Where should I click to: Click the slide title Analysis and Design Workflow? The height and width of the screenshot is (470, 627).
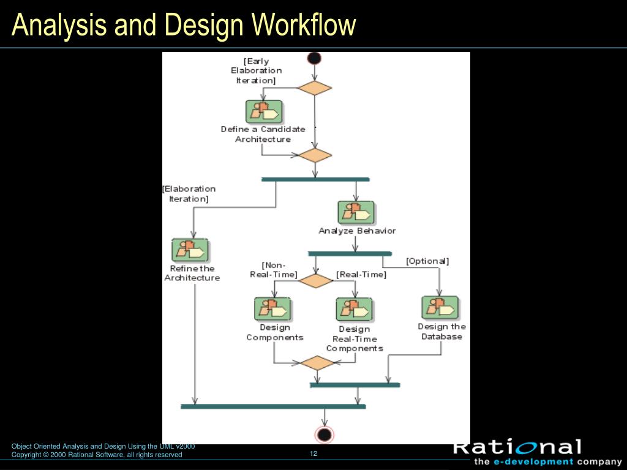(184, 25)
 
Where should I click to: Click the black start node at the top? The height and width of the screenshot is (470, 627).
(314, 59)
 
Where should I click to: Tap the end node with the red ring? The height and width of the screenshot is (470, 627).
(325, 435)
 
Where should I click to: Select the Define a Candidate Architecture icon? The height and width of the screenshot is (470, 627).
(264, 112)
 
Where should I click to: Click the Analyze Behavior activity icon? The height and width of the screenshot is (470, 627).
(356, 212)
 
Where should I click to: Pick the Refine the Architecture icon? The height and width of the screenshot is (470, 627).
(190, 250)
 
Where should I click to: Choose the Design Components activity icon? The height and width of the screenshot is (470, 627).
(272, 309)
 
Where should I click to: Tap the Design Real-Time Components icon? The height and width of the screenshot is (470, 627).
(354, 310)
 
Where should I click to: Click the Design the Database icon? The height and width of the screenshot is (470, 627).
(440, 308)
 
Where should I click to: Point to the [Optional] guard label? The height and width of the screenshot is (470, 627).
(427, 261)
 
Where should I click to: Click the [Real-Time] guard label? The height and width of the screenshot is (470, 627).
(361, 275)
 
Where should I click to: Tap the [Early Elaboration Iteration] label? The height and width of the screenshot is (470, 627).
(257, 70)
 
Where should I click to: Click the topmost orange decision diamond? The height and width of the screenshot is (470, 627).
(314, 88)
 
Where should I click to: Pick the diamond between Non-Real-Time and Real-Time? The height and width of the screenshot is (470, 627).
(315, 281)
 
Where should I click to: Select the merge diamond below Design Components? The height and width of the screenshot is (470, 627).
(317, 363)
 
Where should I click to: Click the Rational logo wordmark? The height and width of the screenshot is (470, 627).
(517, 447)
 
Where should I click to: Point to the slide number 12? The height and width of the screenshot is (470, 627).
(313, 453)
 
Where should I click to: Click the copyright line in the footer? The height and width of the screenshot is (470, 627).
(97, 455)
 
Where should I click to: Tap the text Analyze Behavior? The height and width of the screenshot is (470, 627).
(357, 231)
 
